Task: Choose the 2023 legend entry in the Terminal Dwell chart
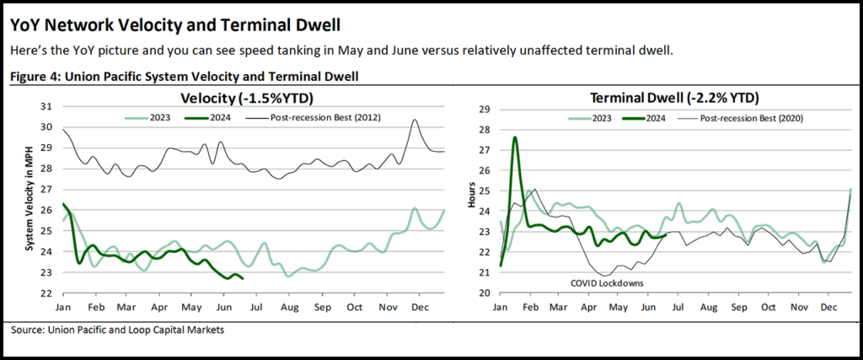tap(598, 119)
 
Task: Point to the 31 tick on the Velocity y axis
tap(46, 106)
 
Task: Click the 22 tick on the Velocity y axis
tap(46, 293)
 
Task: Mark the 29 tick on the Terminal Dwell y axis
tap(484, 110)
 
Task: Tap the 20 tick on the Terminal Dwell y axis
tap(484, 293)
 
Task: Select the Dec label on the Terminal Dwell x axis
tap(828, 308)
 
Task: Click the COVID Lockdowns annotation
tap(609, 283)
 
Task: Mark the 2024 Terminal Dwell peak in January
tap(515, 137)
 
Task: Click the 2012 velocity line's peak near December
tap(415, 121)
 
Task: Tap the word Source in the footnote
tap(31, 330)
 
